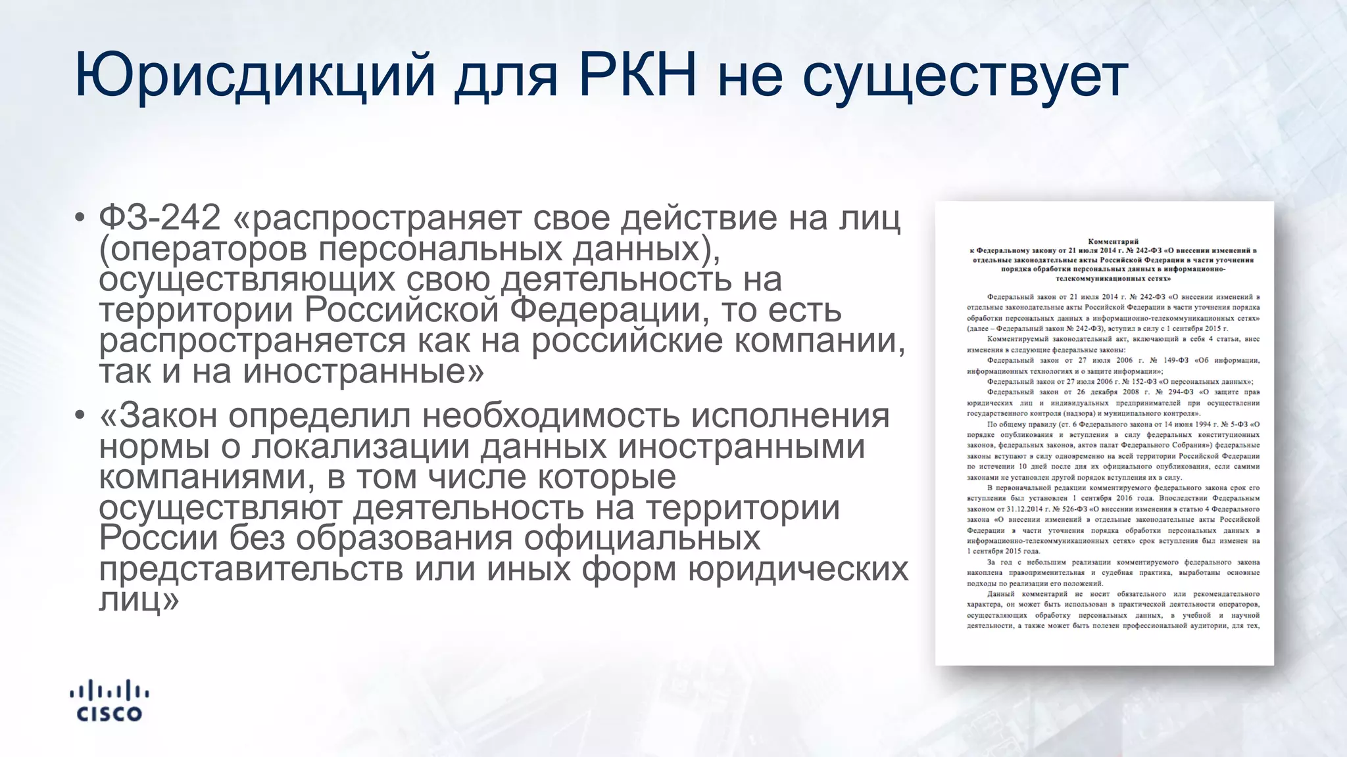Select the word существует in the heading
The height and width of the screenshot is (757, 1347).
click(x=965, y=78)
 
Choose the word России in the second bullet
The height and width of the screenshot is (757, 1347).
click(x=158, y=538)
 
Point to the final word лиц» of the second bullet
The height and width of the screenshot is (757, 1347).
click(x=139, y=599)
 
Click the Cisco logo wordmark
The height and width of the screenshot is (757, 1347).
click(x=109, y=714)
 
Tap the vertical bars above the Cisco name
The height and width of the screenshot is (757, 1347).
click(x=109, y=691)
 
